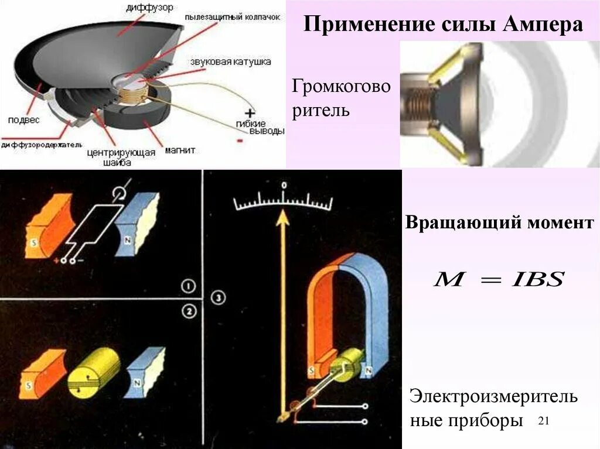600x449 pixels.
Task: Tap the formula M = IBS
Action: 498,280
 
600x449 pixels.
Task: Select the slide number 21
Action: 543,420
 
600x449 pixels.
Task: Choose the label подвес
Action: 24,120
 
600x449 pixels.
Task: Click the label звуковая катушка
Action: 229,61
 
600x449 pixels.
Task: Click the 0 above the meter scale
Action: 283,185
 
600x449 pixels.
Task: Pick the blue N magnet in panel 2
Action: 145,369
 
